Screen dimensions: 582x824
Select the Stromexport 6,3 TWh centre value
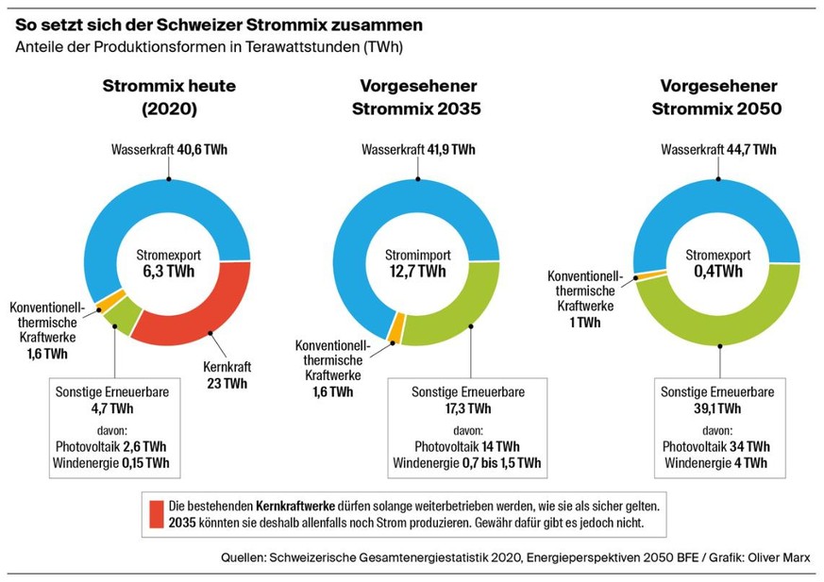[x=167, y=272]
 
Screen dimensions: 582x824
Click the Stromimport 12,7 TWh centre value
[x=417, y=272]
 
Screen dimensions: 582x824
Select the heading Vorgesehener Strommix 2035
[x=416, y=97]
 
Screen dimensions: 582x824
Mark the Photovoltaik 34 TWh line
[x=715, y=446]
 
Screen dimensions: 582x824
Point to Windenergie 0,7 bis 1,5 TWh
[x=466, y=463]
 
